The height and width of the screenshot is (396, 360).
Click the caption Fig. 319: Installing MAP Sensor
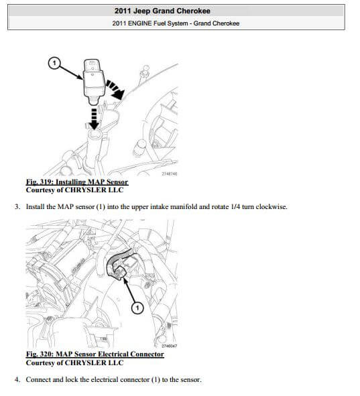(76, 182)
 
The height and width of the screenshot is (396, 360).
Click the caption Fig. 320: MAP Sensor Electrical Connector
(95, 354)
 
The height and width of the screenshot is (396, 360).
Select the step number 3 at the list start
(17, 207)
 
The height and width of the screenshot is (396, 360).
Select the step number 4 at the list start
(17, 379)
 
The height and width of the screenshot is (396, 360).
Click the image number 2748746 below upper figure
(170, 174)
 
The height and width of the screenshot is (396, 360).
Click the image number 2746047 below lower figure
(170, 346)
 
